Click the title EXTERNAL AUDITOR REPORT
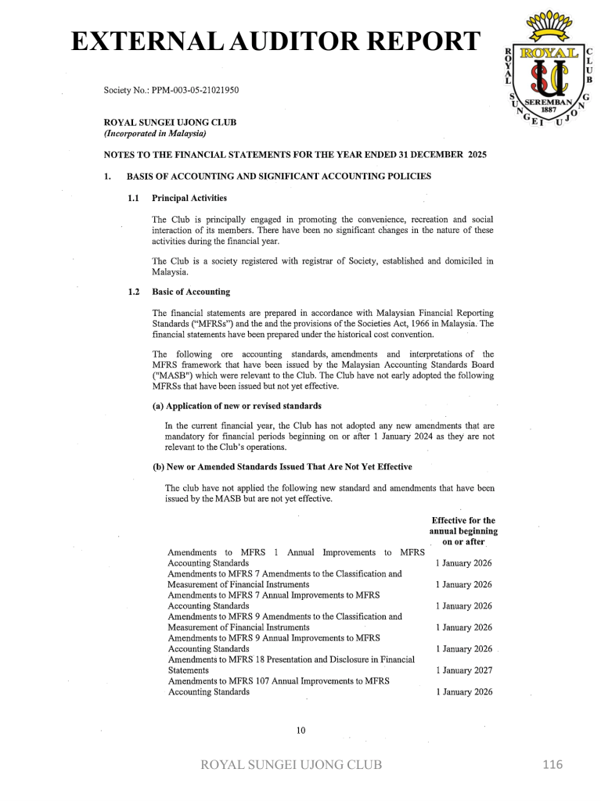point(273,41)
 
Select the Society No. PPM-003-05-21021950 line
point(171,90)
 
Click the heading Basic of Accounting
point(191,292)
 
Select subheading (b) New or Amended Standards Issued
point(282,467)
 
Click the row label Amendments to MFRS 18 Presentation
point(291,659)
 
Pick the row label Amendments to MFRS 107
point(279,681)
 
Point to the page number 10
point(300,731)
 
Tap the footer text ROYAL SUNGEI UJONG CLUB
point(292,764)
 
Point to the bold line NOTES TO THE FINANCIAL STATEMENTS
point(295,155)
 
